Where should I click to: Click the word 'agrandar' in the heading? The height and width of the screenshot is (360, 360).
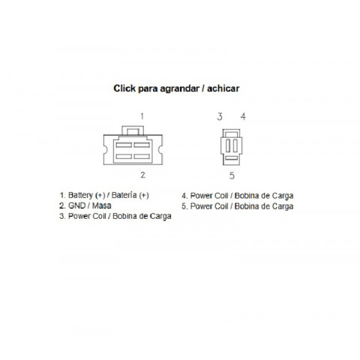[179, 89]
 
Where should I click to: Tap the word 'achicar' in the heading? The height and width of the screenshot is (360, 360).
[223, 88]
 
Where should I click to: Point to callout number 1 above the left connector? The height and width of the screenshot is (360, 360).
[142, 116]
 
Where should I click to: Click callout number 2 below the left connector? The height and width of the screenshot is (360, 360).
[142, 175]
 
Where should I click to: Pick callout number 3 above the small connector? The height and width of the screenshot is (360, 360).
[220, 116]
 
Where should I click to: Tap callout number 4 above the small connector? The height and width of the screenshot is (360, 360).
[243, 116]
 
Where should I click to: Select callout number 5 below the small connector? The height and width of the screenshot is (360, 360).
[232, 175]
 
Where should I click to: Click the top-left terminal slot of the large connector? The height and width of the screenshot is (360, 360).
[124, 145]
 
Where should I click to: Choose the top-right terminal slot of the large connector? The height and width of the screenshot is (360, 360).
[142, 145]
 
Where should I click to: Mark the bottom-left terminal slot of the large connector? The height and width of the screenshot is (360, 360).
[124, 157]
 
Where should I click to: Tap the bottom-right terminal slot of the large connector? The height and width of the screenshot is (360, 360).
[142, 157]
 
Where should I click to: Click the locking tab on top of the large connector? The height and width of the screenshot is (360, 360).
[133, 130]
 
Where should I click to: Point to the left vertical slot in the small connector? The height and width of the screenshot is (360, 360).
[228, 145]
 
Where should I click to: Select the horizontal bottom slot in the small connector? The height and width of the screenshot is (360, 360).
[231, 157]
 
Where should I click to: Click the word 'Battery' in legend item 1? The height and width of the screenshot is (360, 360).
[80, 195]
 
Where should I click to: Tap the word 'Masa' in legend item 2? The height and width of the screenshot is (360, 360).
[102, 205]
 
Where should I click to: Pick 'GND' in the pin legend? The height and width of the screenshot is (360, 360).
[77, 205]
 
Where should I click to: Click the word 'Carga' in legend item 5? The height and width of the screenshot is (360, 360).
[283, 207]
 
